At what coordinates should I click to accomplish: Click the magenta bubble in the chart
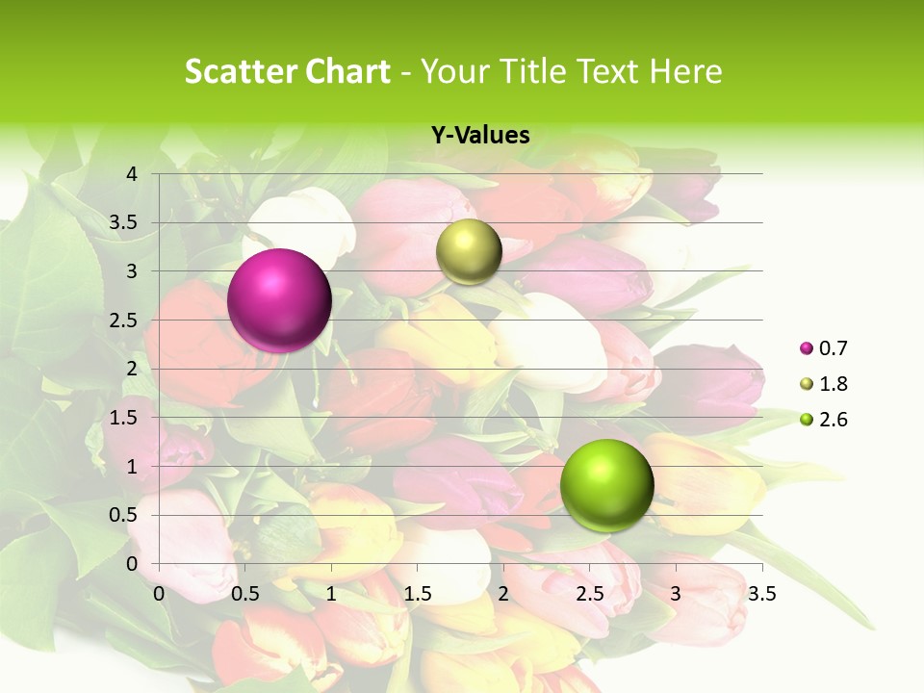click(279, 300)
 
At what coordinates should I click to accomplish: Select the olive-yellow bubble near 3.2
click(469, 251)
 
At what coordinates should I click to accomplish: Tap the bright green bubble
click(606, 485)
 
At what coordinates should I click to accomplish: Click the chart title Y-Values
click(480, 136)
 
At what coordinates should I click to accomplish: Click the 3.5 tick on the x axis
click(761, 594)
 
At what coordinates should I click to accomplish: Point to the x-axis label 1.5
click(417, 594)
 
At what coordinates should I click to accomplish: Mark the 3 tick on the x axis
click(676, 594)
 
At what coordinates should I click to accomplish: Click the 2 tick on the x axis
click(503, 594)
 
